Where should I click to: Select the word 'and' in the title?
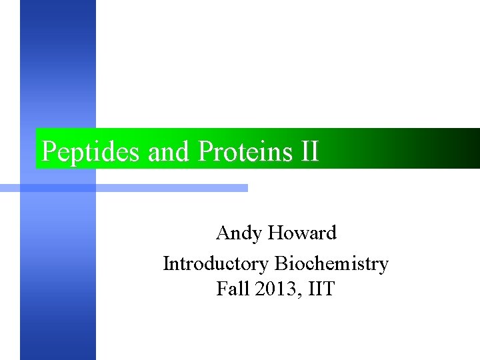169,152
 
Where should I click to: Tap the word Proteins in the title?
244,152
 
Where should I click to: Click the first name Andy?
239,234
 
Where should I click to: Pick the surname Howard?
303,233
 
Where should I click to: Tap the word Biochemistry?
331,264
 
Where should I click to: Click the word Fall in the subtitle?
231,289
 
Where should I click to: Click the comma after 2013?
293,294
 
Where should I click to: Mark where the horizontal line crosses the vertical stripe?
58,189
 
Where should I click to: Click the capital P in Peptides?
49,152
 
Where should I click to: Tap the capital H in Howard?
277,233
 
